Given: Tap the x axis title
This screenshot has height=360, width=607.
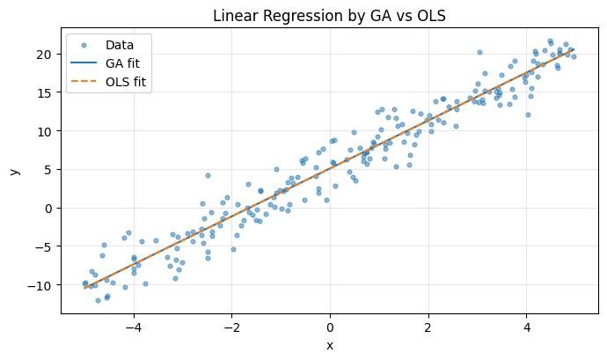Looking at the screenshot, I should pyautogui.click(x=330, y=345).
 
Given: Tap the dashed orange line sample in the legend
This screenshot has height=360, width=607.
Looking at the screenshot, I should pyautogui.click(x=86, y=84).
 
